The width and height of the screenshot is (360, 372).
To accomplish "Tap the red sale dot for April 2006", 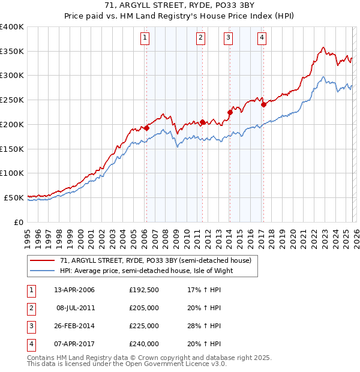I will click(146, 128).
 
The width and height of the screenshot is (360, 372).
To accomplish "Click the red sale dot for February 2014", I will click(230, 112).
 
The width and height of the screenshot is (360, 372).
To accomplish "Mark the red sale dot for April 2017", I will click(263, 104).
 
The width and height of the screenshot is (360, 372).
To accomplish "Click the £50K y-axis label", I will click(14, 197).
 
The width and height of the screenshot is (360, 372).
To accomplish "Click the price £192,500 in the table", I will click(144, 290).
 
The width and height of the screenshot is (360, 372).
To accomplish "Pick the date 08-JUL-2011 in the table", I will click(75, 308).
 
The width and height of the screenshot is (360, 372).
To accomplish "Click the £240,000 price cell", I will click(144, 344).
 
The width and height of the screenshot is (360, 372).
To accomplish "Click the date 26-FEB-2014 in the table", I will click(74, 326).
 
